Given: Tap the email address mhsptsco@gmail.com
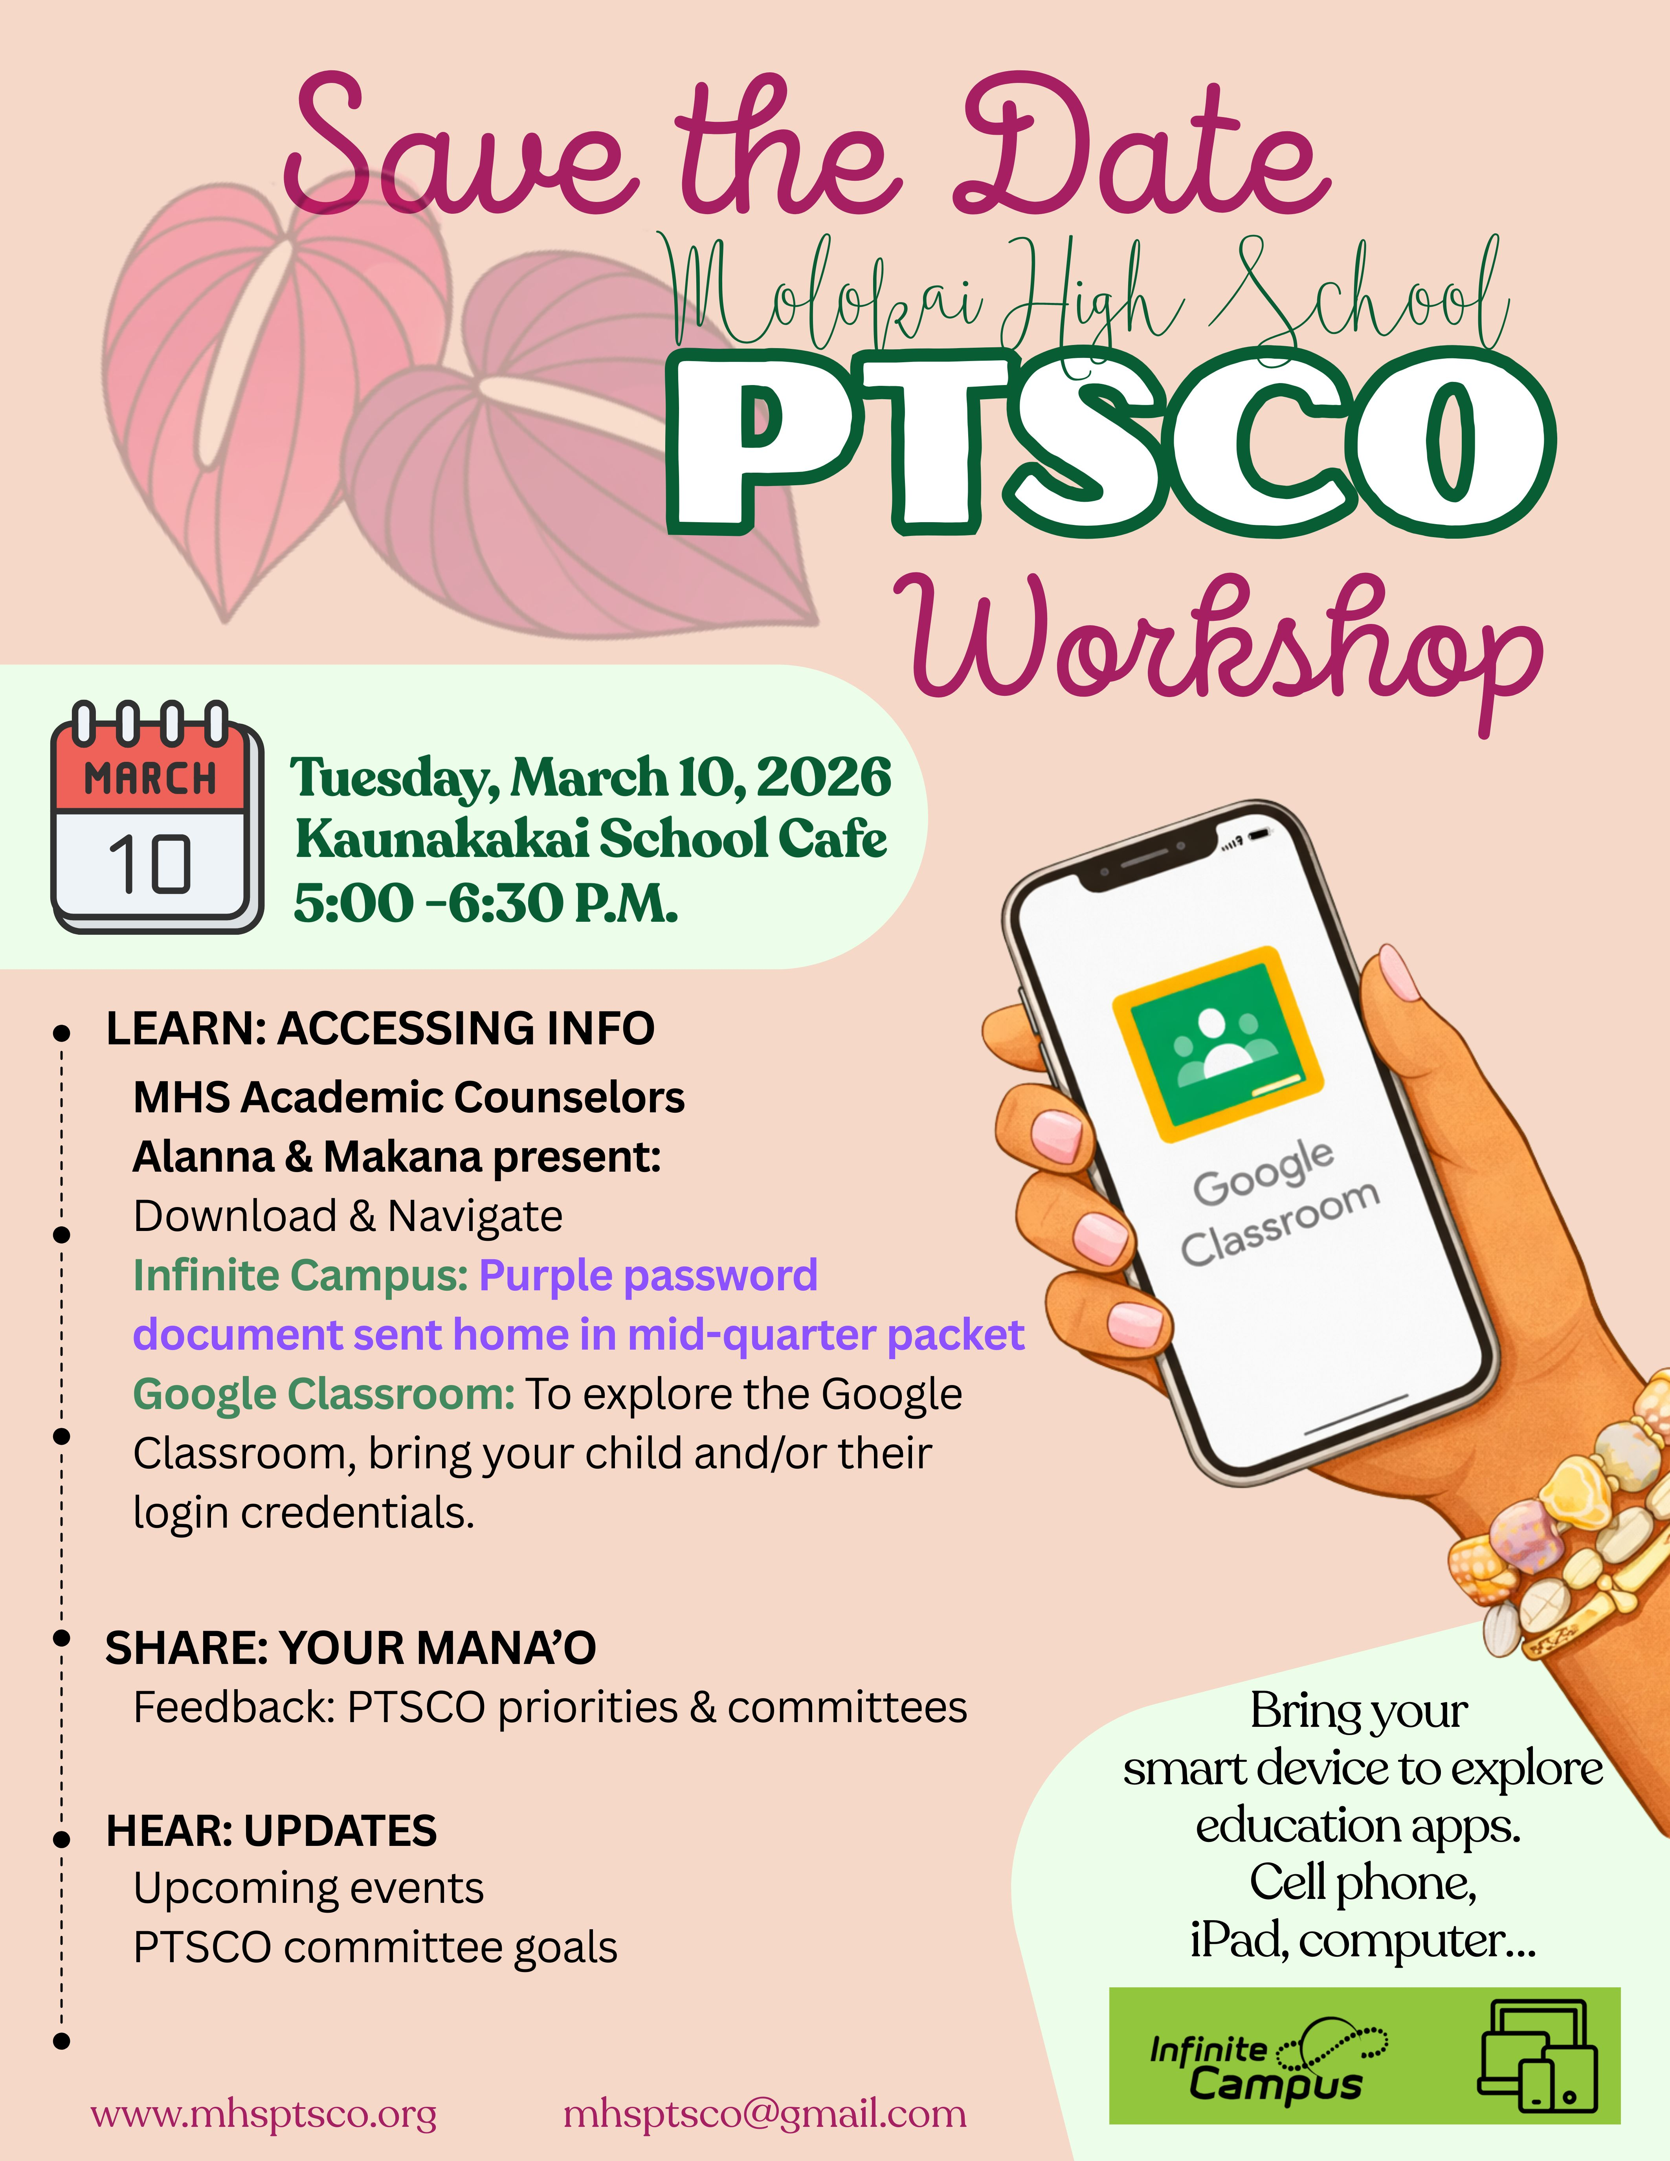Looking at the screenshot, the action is pos(765,2115).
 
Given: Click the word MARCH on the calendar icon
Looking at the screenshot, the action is pos(150,779).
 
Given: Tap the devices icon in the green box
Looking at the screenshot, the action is pos(1538,2055).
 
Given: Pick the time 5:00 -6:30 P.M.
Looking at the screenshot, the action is pos(486,903).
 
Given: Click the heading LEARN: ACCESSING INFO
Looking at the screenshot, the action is pos(380,1028).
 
